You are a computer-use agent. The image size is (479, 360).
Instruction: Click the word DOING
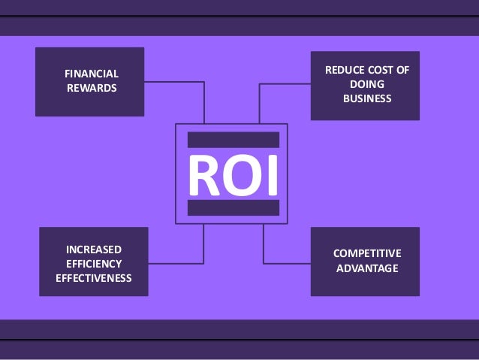coord(367,84)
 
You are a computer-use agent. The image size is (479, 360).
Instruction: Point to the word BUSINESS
coord(367,98)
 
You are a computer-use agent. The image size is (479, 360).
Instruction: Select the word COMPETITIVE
coord(367,253)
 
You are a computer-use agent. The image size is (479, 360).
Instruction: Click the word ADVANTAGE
coord(367,268)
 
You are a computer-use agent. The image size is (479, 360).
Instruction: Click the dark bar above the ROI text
coord(233,140)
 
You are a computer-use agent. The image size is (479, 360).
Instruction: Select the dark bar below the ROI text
coord(233,208)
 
